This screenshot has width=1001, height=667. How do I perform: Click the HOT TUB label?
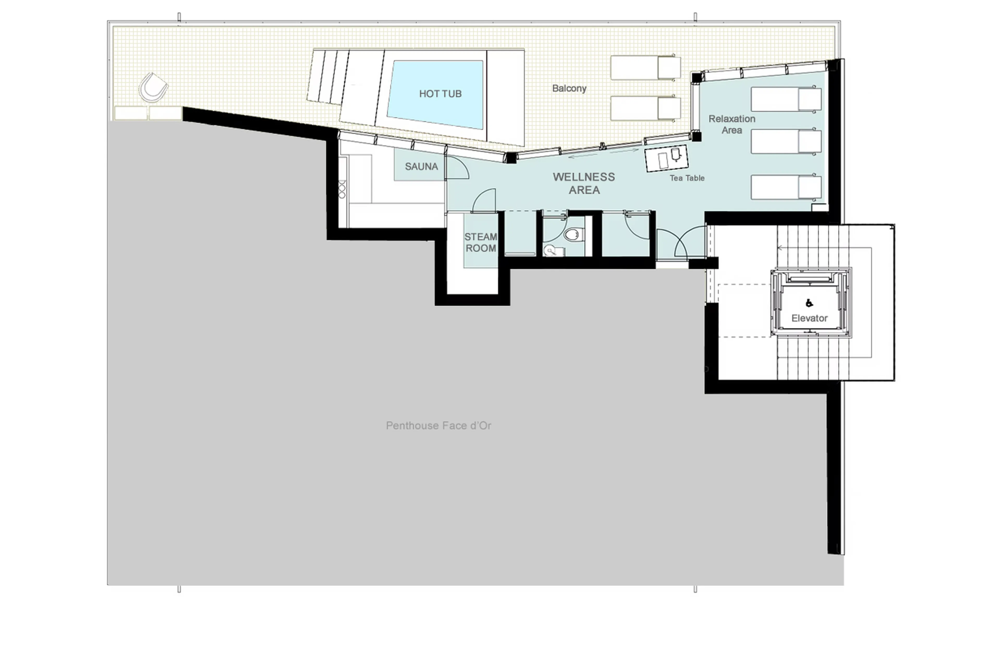pos(440,94)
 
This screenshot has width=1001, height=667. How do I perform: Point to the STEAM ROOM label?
pos(480,242)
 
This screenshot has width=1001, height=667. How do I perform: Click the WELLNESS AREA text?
pos(584,183)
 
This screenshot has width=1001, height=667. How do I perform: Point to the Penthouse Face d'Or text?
pos(438,425)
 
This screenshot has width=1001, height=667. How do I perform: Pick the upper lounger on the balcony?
pos(645,67)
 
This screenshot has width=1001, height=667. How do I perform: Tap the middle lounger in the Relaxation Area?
pos(785,142)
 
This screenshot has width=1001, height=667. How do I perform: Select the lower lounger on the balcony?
pos(645,108)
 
